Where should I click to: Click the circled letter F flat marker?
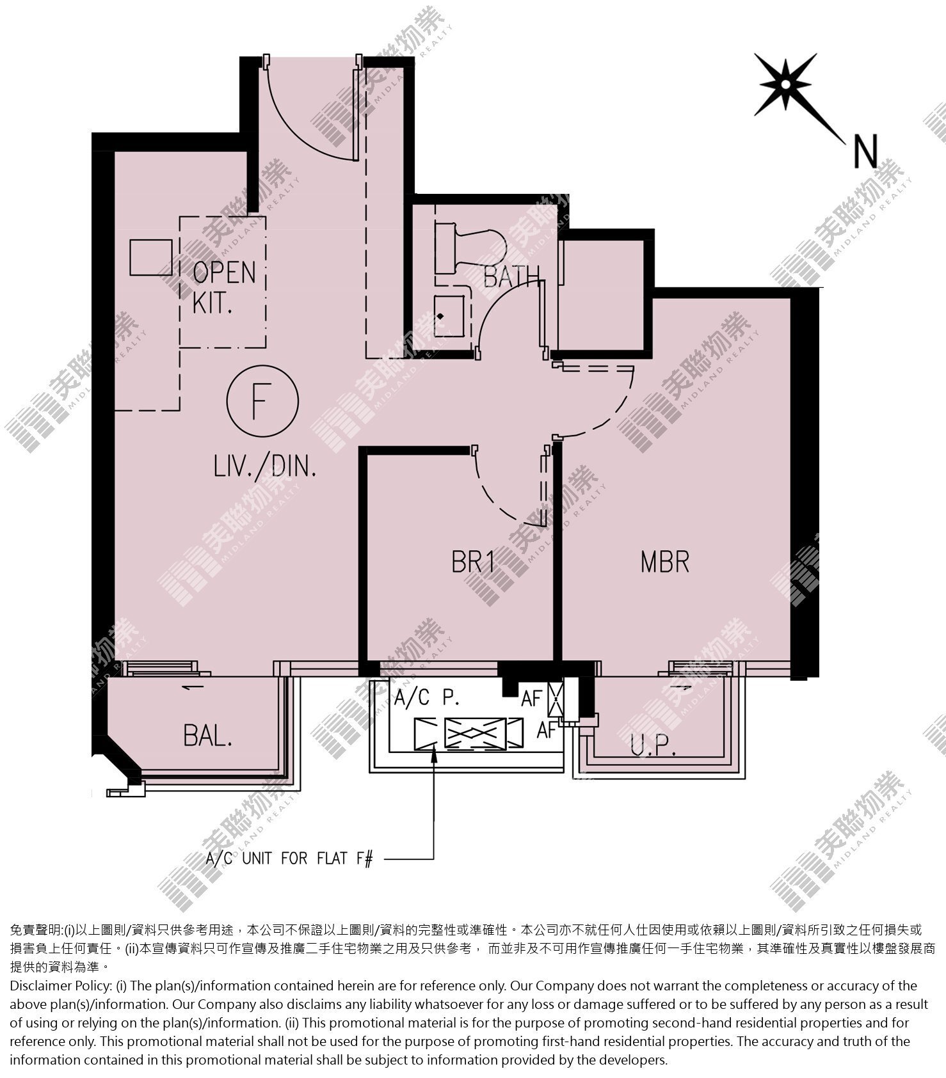coord(262,401)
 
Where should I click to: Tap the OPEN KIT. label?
coord(223,287)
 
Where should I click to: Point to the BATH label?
coord(511,276)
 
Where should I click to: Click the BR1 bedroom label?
coord(473,562)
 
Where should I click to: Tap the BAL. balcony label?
coord(207,736)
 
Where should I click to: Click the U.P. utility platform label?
coord(653,746)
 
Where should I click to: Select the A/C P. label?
coord(427,697)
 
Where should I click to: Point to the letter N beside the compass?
coord(865,152)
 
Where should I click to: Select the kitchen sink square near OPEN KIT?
coord(151,257)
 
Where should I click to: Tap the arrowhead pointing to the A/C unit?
coord(435,754)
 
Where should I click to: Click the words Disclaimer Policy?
coord(60,986)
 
